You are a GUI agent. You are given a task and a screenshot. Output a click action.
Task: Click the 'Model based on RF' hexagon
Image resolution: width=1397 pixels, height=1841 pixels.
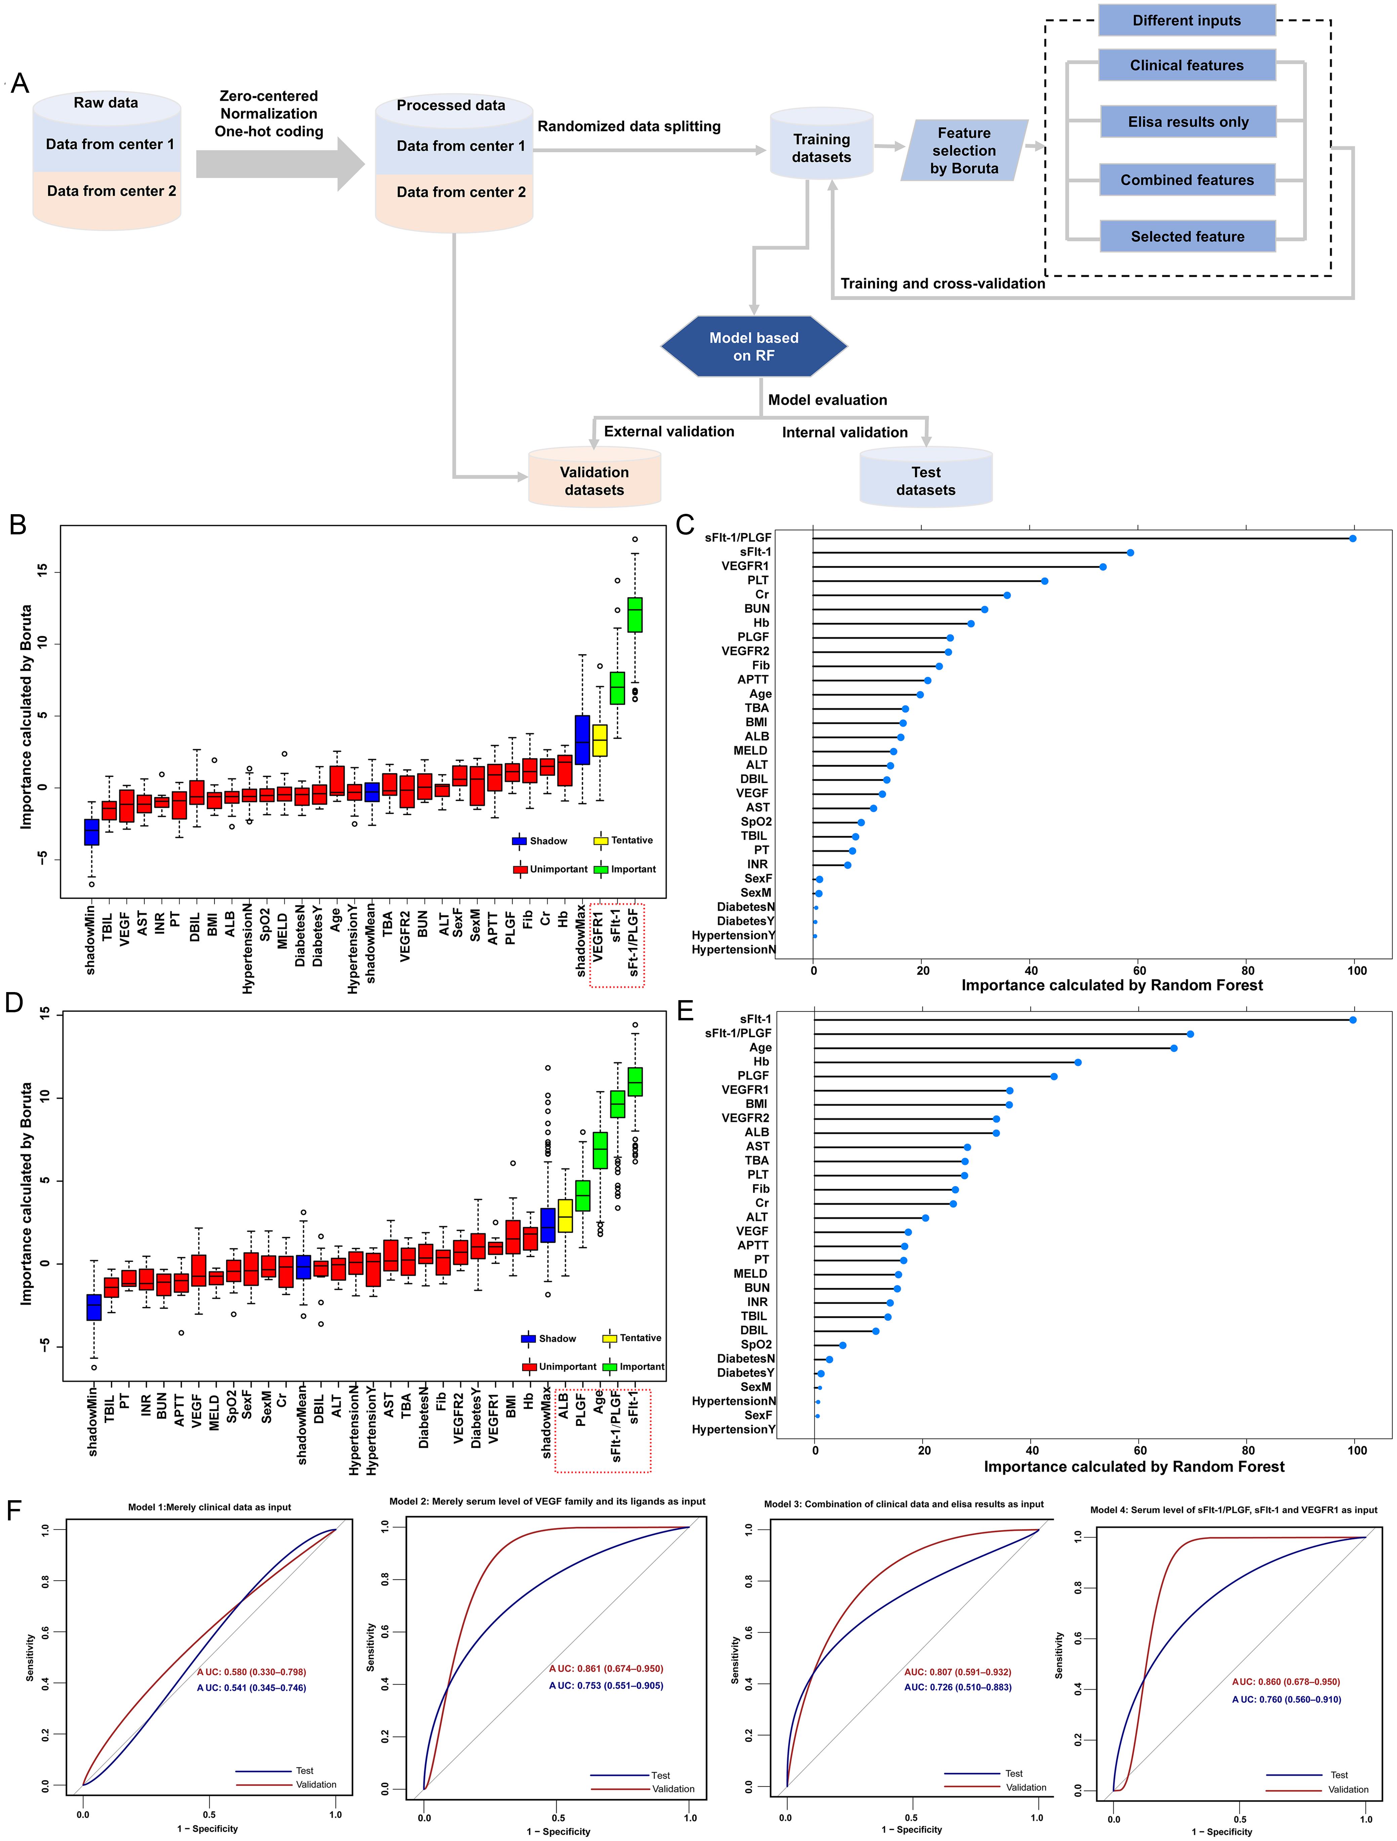pyautogui.click(x=754, y=346)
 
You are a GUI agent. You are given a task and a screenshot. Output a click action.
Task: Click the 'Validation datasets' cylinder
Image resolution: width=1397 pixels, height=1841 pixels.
pyautogui.click(x=594, y=480)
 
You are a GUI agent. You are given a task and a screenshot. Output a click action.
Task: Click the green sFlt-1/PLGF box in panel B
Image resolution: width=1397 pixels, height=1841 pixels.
pyautogui.click(x=635, y=615)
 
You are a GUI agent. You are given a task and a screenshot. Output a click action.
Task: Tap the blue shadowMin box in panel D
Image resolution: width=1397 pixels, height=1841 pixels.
pyautogui.click(x=94, y=1308)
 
